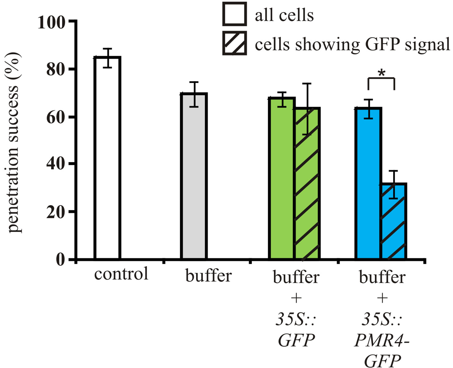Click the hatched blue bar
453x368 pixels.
[x=393, y=221]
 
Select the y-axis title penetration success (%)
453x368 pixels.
[x=14, y=143]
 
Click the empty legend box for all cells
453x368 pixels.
[x=234, y=14]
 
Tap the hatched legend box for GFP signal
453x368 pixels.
[x=234, y=43]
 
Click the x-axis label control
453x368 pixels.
[x=121, y=274]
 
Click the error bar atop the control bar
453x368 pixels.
[x=107, y=58]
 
